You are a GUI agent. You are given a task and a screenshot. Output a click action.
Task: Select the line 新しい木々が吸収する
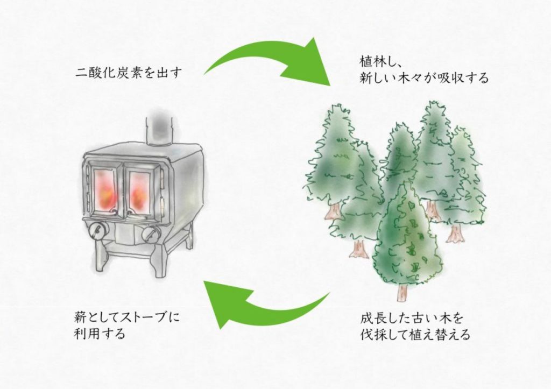tap(424, 78)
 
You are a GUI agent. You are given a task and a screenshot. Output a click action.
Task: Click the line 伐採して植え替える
tap(415, 335)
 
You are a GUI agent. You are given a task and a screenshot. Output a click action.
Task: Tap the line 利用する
tap(100, 334)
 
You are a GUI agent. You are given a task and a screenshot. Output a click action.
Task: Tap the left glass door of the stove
tap(107, 188)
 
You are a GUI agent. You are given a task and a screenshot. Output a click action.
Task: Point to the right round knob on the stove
tap(152, 234)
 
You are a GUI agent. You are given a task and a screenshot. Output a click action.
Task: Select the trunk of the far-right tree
tap(455, 233)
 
